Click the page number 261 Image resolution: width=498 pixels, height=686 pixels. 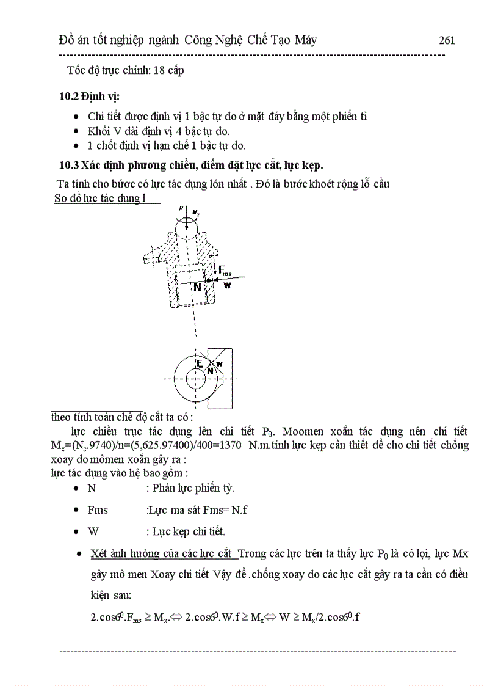coord(447,41)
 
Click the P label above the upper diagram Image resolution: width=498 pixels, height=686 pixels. coord(181,208)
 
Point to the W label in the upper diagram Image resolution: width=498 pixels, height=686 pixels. coord(227,285)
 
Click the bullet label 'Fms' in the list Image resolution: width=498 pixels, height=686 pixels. coord(98,510)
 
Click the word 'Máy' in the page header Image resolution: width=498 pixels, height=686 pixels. coord(303,41)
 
